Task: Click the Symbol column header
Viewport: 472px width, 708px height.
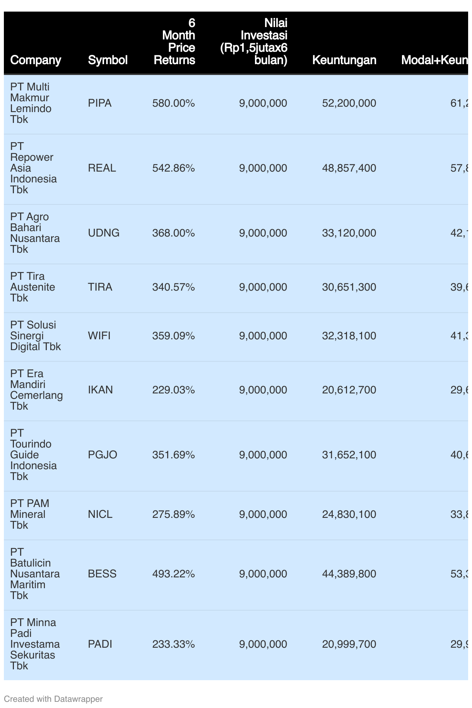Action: (108, 60)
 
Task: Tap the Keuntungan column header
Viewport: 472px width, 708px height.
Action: (344, 60)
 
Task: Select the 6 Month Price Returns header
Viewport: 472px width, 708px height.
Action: (174, 42)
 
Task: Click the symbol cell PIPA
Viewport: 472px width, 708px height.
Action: (99, 103)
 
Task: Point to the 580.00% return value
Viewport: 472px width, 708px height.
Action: (173, 103)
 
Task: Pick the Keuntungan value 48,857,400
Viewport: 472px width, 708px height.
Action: (349, 168)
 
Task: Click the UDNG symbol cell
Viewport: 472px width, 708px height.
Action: (104, 233)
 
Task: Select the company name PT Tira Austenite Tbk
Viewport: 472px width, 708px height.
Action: (32, 287)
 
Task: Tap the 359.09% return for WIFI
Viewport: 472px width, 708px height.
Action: (173, 336)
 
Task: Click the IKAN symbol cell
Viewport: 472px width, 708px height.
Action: (100, 390)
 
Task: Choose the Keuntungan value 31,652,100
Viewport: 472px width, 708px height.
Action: (349, 455)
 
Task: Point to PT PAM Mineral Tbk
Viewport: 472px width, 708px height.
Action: (29, 514)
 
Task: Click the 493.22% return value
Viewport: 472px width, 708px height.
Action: (173, 574)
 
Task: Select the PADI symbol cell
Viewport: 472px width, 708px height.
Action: (100, 644)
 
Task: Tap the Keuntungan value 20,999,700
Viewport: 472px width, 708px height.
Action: (349, 644)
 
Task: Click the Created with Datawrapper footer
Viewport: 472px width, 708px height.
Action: (53, 699)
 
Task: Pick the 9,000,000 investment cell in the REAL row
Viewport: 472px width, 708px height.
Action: (263, 168)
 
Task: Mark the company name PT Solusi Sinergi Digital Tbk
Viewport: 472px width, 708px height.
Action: (35, 336)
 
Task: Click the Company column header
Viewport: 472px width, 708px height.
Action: (36, 60)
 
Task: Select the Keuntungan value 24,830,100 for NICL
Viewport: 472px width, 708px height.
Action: (349, 514)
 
